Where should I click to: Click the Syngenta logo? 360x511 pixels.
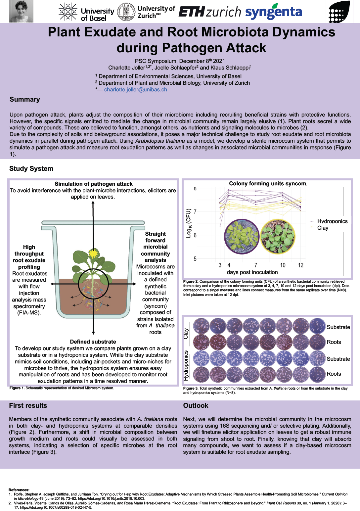pyautogui.click(x=273, y=12)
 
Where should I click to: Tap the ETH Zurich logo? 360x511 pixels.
pyautogui.click(x=210, y=12)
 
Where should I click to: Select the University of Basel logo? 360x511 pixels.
pyautogui.click(x=86, y=12)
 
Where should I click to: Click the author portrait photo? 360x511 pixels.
pyautogui.click(x=21, y=11)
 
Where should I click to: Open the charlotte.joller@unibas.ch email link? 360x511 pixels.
pyautogui.click(x=136, y=90)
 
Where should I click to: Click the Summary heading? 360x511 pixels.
pyautogui.click(x=25, y=100)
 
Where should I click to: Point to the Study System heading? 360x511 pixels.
pyautogui.click(x=31, y=169)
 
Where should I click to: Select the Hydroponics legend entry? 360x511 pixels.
pyautogui.click(x=332, y=221)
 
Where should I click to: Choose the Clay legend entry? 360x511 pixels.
pyautogui.click(x=323, y=228)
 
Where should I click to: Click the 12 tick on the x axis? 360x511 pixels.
pyautogui.click(x=300, y=265)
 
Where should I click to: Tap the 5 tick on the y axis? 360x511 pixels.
pyautogui.click(x=195, y=259)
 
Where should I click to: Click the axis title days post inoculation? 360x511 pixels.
pyautogui.click(x=252, y=272)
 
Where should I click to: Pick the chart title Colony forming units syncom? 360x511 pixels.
pyautogui.click(x=267, y=184)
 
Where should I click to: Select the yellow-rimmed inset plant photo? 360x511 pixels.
pyautogui.click(x=277, y=236)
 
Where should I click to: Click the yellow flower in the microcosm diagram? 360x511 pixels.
pyautogui.click(x=94, y=254)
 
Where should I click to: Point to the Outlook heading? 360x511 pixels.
pyautogui.click(x=196, y=406)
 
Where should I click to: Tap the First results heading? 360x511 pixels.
pyautogui.click(x=28, y=406)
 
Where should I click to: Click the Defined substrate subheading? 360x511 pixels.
pyautogui.click(x=93, y=342)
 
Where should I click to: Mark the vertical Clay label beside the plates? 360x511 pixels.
pyautogui.click(x=186, y=334)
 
